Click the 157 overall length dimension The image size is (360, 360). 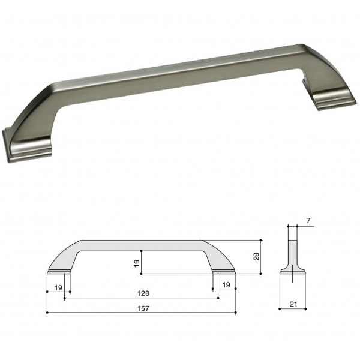pos(143,308)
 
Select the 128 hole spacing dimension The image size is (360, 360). pos(143,293)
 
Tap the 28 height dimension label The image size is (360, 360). pos(256,256)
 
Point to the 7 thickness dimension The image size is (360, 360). pos(308,221)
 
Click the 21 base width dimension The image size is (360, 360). pos(293,304)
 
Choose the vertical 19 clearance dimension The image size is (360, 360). pos(137,263)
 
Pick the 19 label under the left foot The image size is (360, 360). pos(59,287)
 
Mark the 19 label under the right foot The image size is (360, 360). pos(226,285)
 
